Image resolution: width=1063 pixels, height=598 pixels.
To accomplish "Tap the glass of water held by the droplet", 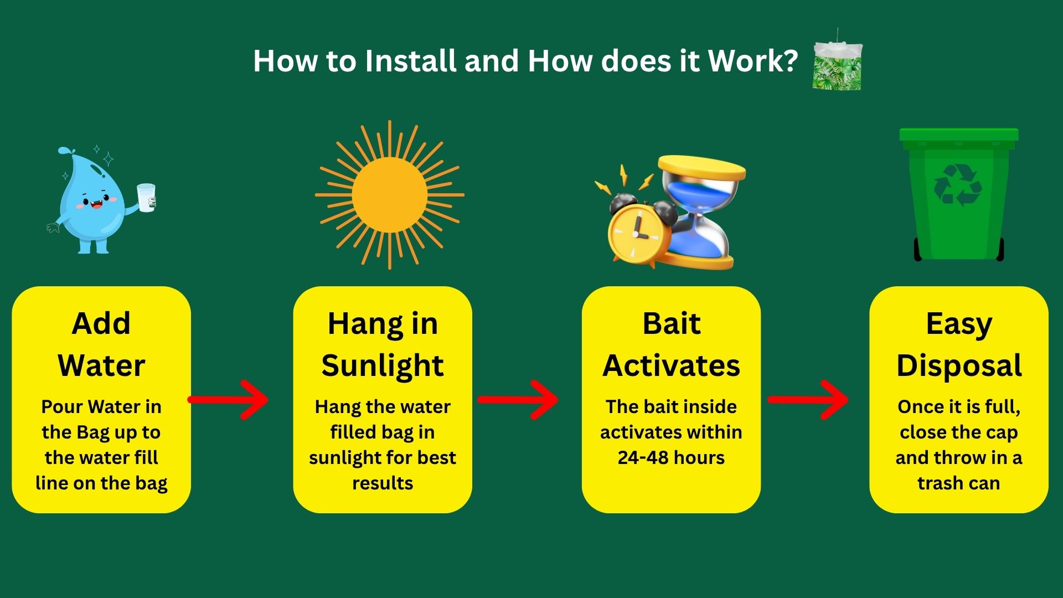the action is pos(147,198).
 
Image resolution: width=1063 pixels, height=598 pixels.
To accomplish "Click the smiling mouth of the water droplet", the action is pos(96,203).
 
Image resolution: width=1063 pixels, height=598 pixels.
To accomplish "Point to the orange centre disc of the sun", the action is pos(389,195).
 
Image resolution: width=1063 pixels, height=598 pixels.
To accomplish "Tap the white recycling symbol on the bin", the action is pos(957,185).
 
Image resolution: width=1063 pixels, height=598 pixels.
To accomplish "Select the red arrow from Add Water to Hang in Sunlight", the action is pos(228,400).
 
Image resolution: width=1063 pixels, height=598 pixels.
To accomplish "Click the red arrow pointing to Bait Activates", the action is pos(518,400).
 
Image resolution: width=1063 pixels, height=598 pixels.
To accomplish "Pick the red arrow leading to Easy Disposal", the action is pos(808,400).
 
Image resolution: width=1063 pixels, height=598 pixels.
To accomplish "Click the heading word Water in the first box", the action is pos(101,365).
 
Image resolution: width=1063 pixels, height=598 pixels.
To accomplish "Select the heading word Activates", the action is pos(671,365).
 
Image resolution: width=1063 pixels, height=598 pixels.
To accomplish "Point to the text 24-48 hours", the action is pos(671,458).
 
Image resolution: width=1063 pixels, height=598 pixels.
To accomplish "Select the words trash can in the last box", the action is pos(958,483).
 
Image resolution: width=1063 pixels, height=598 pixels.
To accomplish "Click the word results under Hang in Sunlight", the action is pos(383,483).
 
